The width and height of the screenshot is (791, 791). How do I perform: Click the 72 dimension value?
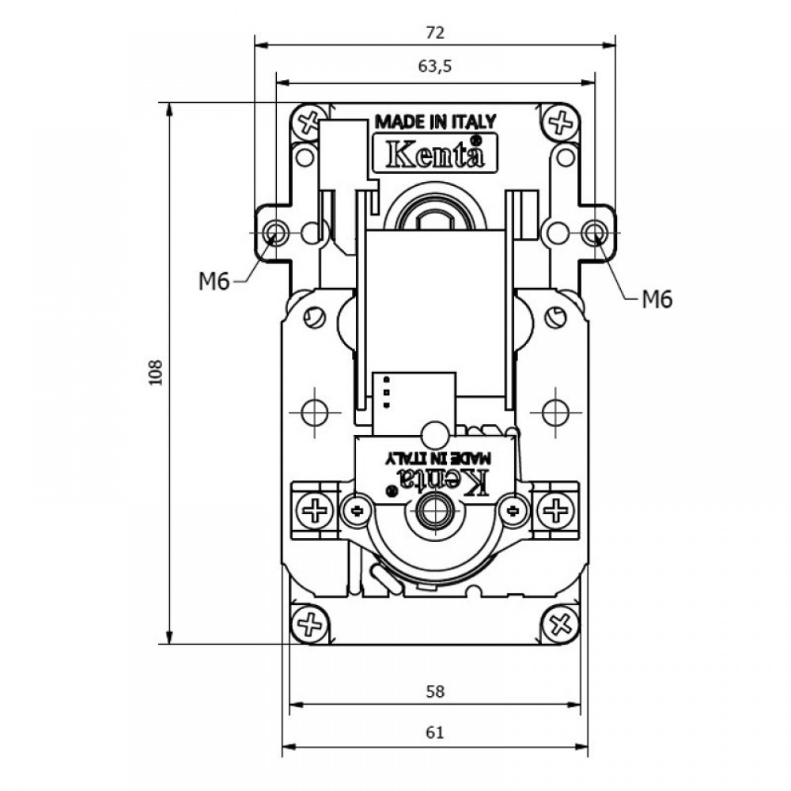pos(435,32)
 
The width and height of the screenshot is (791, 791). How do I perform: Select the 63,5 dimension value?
pos(435,66)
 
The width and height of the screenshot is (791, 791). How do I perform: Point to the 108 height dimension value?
pos(155,373)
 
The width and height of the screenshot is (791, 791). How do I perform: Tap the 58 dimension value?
pos(435,691)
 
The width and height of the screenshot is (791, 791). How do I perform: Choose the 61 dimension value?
pos(435,732)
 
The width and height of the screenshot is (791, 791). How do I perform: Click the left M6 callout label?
pos(214,282)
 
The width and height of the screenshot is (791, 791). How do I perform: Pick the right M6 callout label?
pos(657,300)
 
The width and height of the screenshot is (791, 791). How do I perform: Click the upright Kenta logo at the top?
pos(435,153)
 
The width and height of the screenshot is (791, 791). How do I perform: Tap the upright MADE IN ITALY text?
pos(435,122)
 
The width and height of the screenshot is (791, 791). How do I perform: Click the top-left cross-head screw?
pos(308,122)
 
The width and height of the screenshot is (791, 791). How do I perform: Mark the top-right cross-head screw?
pos(560,121)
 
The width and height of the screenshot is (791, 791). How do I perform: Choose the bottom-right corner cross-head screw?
pos(560,625)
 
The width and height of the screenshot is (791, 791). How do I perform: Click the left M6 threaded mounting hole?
pos(275,233)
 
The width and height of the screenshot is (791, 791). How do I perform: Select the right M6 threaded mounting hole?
pos(594,233)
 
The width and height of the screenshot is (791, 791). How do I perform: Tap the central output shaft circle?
pos(435,511)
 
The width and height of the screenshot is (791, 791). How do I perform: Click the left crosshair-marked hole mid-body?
pos(314,412)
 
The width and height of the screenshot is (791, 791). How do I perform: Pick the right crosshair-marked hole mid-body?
pos(555,412)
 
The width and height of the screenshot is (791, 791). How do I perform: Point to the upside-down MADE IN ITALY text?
pos(437,457)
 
